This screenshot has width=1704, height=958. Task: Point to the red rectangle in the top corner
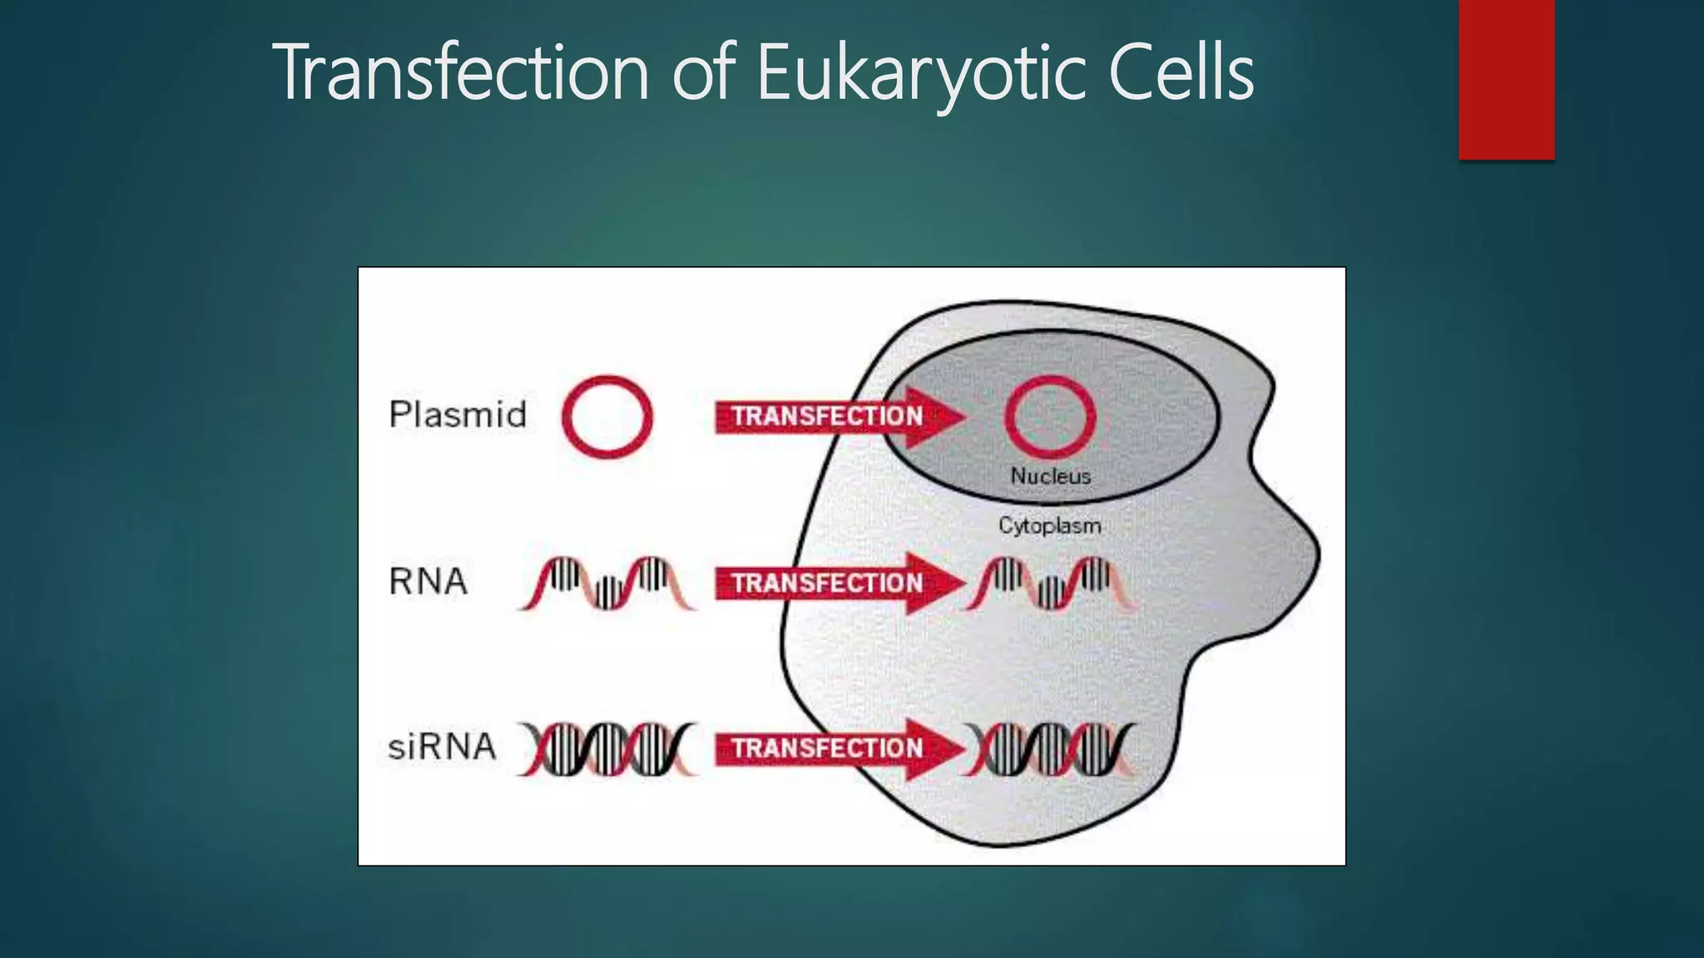click(1506, 79)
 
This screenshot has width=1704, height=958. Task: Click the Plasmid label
click(458, 414)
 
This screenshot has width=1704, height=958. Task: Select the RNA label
click(428, 581)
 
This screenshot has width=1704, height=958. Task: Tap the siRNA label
click(442, 747)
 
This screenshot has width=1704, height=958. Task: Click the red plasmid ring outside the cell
click(607, 417)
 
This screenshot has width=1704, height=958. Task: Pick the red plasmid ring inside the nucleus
click(1050, 417)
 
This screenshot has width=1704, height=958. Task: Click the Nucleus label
click(1050, 477)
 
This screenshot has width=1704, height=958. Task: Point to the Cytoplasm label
click(1049, 526)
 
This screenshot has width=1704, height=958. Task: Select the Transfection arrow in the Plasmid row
click(832, 417)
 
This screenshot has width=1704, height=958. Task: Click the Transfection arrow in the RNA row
click(832, 583)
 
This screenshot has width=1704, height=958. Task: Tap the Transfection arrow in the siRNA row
click(832, 748)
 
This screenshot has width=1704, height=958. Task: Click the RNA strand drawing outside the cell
click(607, 583)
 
